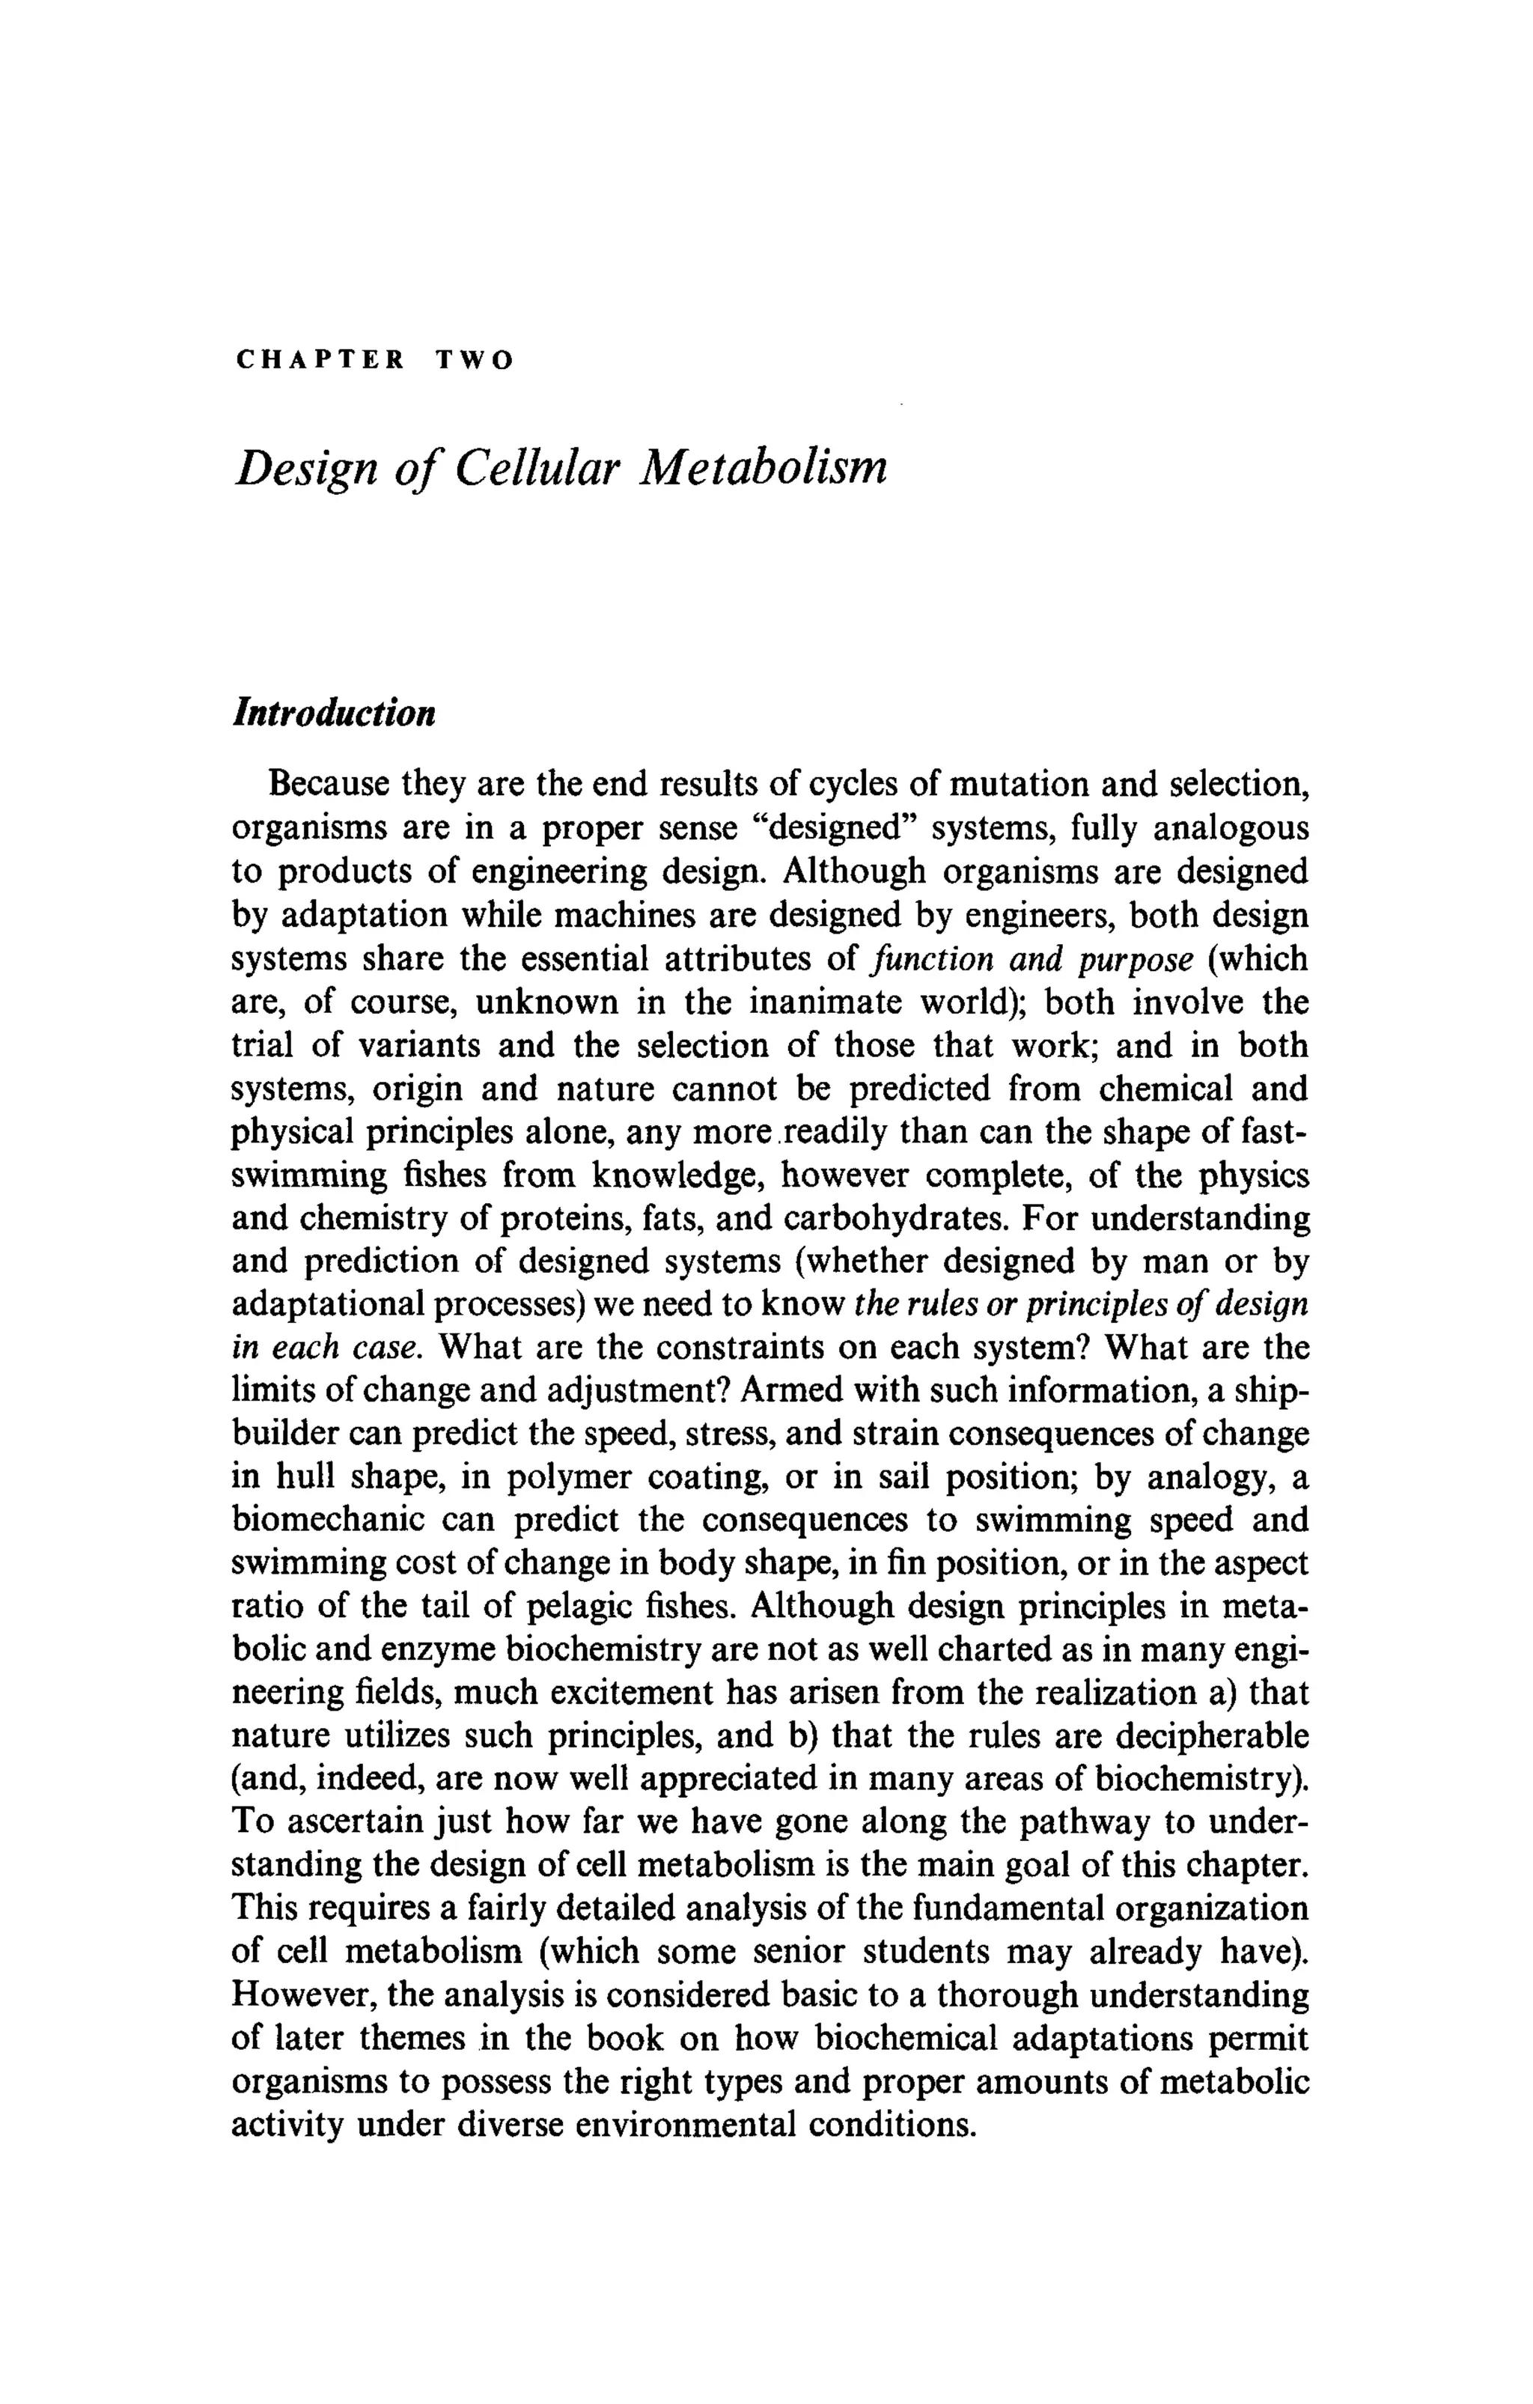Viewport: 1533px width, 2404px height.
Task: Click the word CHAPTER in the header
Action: click(x=320, y=360)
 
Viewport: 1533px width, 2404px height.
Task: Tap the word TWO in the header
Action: click(x=474, y=360)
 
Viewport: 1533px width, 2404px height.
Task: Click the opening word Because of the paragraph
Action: click(x=329, y=784)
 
